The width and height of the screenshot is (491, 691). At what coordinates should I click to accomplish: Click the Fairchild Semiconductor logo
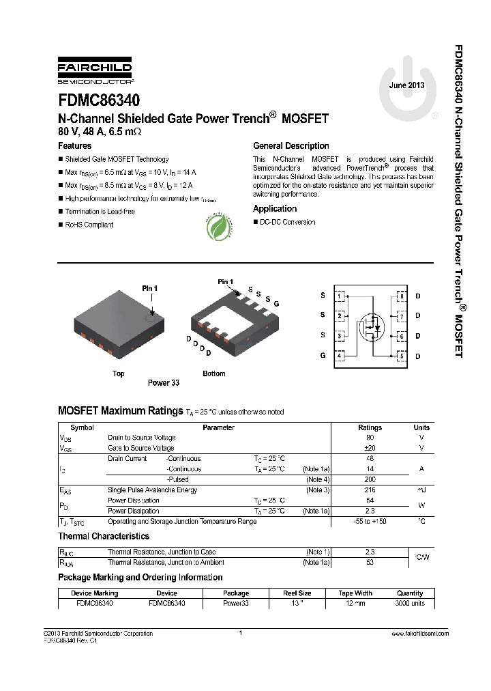[95, 73]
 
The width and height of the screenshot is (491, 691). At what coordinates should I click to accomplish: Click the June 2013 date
[406, 86]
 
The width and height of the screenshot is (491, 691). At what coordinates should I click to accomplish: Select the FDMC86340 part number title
[99, 100]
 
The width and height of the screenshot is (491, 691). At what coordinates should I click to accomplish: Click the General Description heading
[291, 146]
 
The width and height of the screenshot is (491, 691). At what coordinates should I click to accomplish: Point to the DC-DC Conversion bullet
[287, 222]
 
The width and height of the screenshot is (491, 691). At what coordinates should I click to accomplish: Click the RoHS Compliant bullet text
[89, 225]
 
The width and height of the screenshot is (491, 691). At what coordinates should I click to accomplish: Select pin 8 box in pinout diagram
[402, 296]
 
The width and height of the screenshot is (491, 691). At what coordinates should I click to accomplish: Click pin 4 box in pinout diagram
[340, 356]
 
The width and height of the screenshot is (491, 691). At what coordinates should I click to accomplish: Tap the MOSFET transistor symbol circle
[372, 326]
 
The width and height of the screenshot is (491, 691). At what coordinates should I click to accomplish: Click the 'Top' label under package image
[119, 373]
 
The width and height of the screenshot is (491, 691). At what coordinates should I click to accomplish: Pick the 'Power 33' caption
[164, 383]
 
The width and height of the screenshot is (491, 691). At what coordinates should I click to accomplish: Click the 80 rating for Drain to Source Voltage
[370, 438]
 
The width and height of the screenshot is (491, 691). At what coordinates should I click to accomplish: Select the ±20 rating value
[370, 448]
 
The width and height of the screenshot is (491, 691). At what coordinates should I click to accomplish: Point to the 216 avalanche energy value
[370, 490]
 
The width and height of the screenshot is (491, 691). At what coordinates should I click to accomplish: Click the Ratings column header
[370, 427]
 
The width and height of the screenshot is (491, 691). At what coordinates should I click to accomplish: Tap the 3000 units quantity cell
[409, 604]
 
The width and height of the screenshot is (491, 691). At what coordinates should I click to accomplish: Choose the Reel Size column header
[297, 593]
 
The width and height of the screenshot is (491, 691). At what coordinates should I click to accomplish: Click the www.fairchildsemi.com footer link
[421, 634]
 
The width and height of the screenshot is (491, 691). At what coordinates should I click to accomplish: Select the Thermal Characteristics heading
[104, 537]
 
